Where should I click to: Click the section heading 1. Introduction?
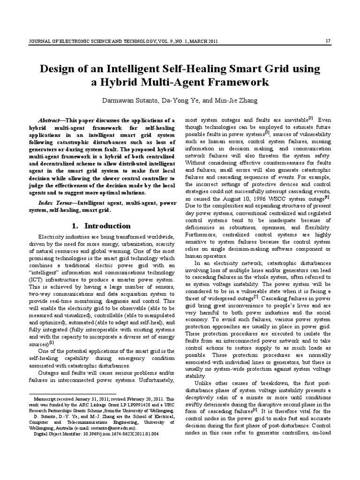[x=101, y=226]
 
